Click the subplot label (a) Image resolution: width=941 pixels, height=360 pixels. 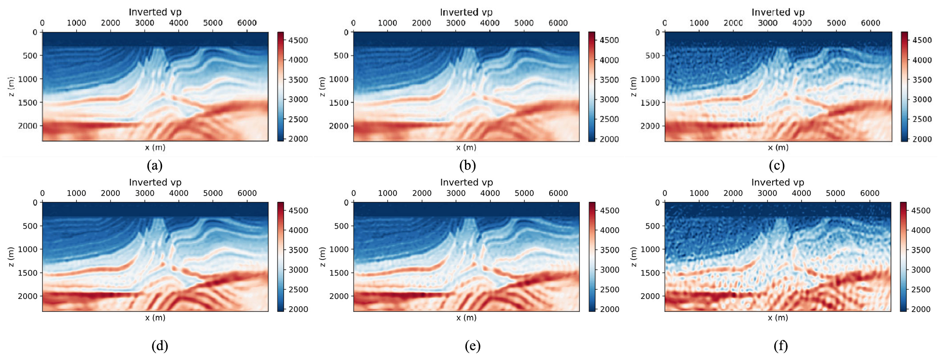pos(154,166)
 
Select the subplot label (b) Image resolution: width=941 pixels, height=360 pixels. pos(467,166)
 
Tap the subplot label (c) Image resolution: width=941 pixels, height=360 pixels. pos(777,166)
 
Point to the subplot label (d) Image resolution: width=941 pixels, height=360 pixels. pos(159,346)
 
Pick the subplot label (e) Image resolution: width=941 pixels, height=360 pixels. pos(472,346)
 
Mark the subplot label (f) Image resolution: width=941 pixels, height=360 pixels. pos(780,346)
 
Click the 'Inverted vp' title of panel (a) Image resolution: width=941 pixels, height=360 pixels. pos(155,12)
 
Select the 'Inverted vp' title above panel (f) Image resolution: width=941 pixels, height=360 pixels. pos(778,182)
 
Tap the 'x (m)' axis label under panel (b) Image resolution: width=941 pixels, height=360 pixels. pos(466,148)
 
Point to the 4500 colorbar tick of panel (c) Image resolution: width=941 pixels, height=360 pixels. pos(922,40)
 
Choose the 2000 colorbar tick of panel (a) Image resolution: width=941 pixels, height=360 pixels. pos(298,139)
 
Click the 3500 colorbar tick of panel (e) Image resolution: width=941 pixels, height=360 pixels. pos(610,250)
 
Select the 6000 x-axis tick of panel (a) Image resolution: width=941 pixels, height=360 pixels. pos(247,23)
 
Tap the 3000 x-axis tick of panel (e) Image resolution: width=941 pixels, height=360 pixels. pos(456,193)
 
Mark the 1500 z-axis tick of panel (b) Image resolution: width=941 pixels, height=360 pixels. pos(340,103)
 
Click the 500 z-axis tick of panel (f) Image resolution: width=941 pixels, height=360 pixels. pos(652,226)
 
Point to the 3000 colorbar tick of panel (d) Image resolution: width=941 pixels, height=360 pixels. pos(298,270)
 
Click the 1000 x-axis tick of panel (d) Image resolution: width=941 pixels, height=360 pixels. pos(76,193)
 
